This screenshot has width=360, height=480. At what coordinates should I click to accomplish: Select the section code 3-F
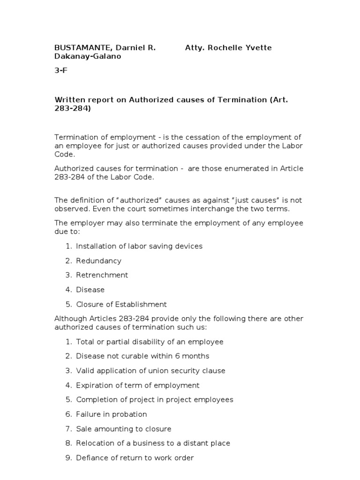[62, 71]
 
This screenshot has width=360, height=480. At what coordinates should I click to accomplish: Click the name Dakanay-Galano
[88, 56]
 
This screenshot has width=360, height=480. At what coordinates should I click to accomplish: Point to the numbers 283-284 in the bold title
[73, 108]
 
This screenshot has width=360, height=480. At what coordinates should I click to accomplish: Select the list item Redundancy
[98, 261]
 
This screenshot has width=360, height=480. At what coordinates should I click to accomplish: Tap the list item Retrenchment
[102, 275]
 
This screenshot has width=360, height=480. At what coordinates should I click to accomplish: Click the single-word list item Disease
[90, 290]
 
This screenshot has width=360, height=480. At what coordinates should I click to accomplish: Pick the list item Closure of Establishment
[121, 304]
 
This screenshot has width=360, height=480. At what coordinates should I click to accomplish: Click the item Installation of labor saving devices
[139, 246]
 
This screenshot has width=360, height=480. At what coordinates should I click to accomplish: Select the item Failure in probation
[112, 414]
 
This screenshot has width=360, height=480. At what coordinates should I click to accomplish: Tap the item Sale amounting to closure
[124, 429]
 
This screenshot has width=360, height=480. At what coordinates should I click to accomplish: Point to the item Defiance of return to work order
[135, 458]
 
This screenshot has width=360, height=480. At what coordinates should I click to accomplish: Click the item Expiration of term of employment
[138, 385]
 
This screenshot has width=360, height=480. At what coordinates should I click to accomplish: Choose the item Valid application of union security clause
[150, 371]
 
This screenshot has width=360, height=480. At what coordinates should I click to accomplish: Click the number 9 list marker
[68, 458]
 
